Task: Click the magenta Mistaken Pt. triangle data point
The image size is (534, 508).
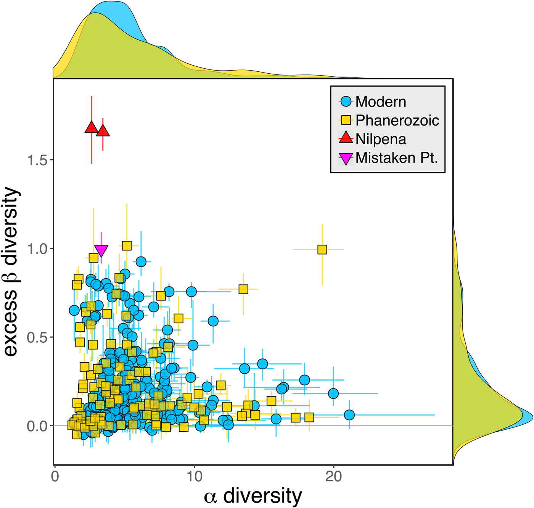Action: pos(101,250)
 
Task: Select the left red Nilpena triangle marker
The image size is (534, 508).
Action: pos(92,128)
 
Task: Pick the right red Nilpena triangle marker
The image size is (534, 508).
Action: pos(103,131)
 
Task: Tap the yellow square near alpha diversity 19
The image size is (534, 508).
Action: pos(322,250)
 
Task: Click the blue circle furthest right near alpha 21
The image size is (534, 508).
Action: pos(349,415)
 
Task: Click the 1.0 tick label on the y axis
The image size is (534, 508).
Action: pos(37,249)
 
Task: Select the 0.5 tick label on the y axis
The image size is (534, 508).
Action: pos(37,337)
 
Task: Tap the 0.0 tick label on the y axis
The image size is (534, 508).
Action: pos(37,426)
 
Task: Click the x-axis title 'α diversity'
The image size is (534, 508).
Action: pos(253,496)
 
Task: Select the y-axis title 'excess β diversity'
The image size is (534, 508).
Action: pos(11,272)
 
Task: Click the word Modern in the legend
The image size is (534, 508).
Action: pos(381,102)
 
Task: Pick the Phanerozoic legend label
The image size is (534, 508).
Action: pos(397,121)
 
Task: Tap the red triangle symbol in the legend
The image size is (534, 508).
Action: pos(346,138)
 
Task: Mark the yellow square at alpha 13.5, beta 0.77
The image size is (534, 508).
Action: pos(243,289)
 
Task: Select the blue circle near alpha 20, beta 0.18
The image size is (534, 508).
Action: pos(333,393)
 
